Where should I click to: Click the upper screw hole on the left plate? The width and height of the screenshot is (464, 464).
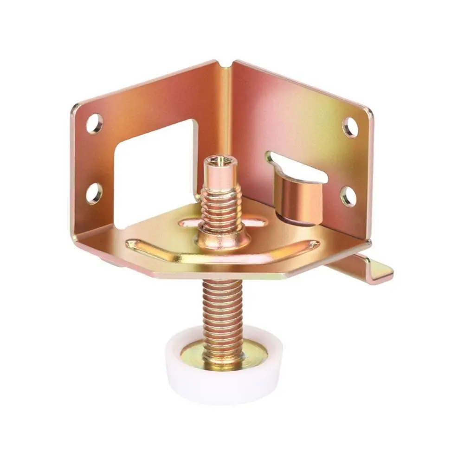coord(94,123)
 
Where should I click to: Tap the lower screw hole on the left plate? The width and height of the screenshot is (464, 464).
coord(94,193)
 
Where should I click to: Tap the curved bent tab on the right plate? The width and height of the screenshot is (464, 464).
coord(297,195)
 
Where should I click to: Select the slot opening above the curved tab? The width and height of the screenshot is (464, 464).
coord(302,167)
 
